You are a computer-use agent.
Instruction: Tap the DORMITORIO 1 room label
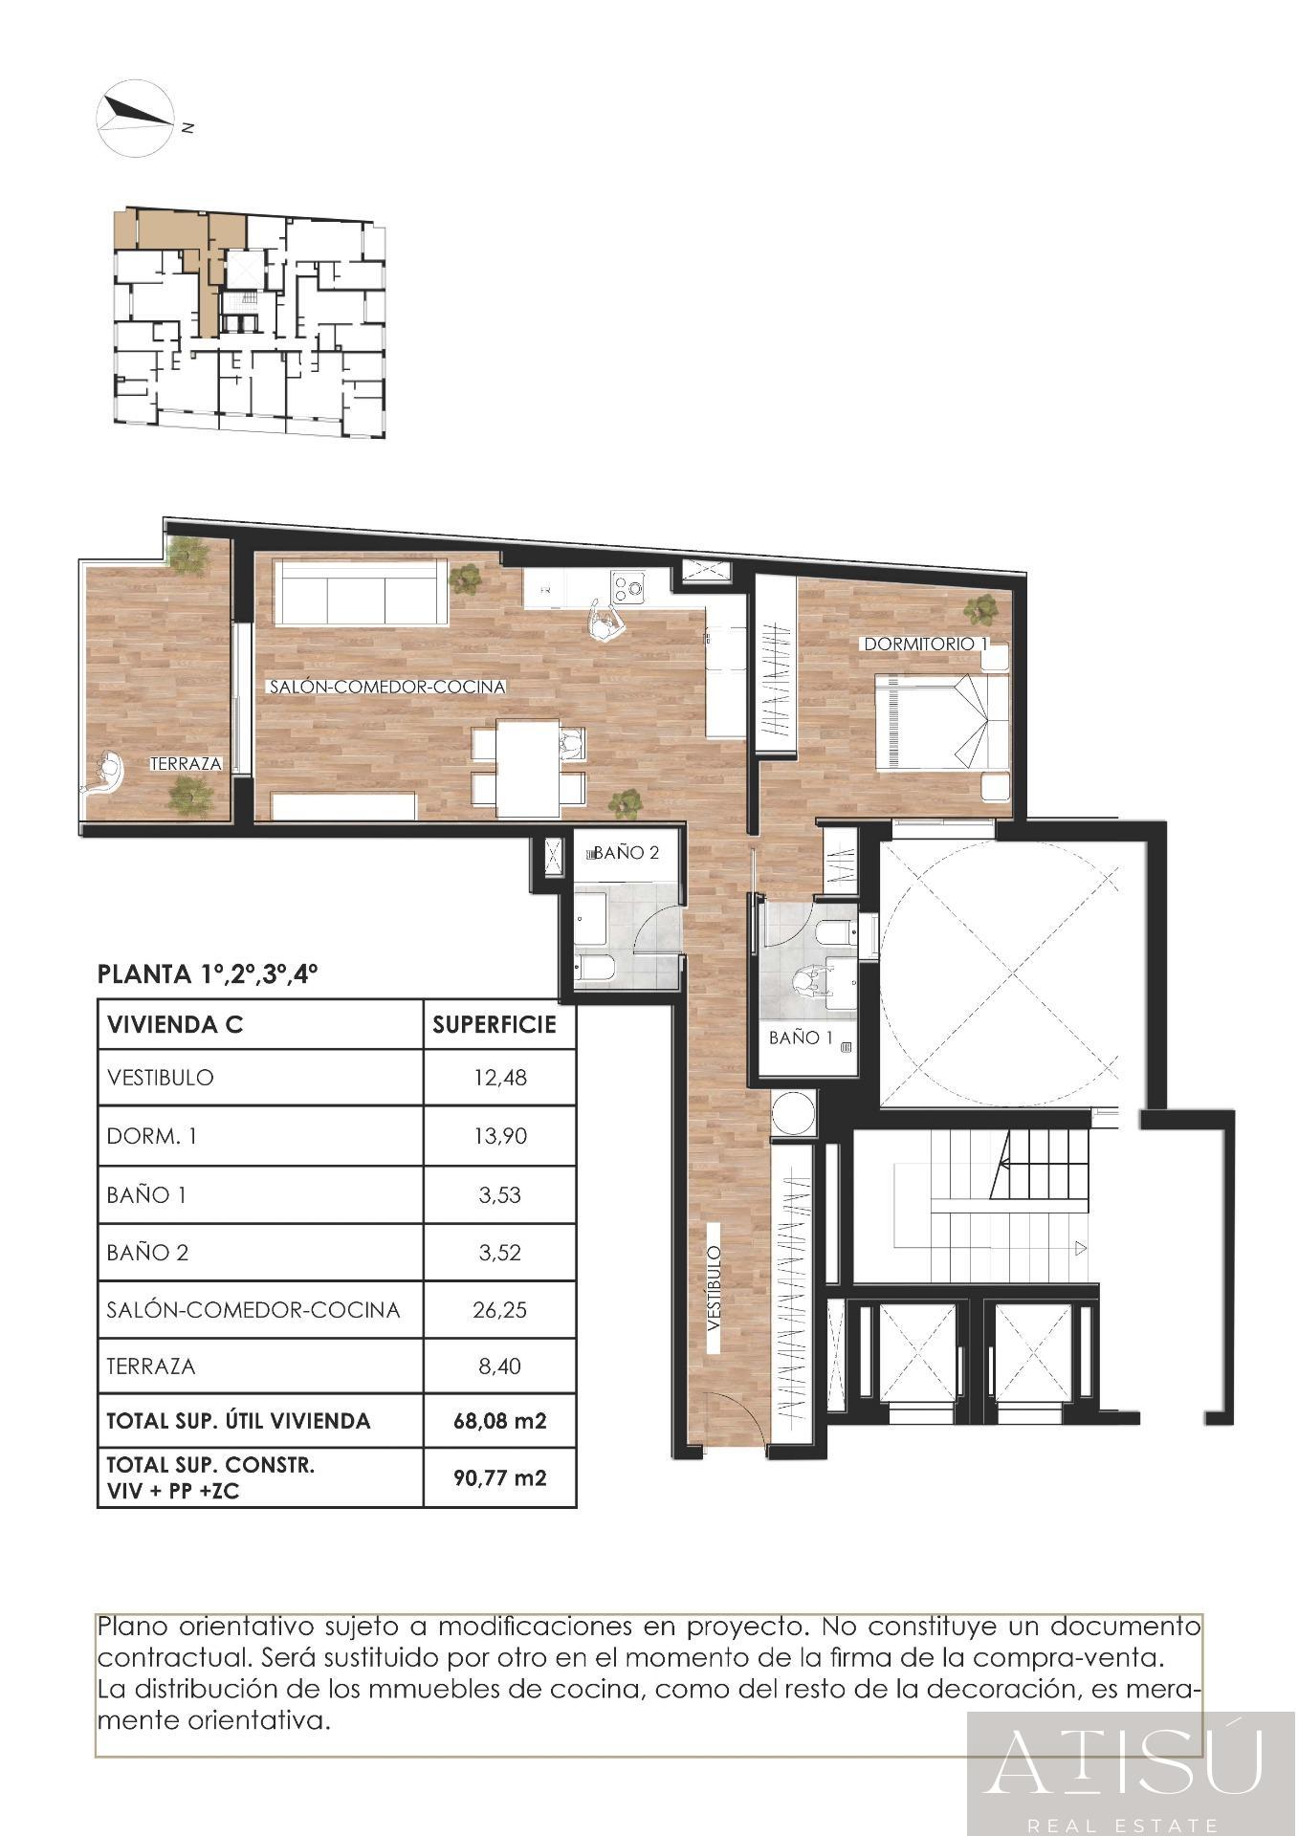(925, 644)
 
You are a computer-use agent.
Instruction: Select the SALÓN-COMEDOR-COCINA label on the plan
(387, 687)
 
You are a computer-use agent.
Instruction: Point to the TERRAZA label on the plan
(187, 764)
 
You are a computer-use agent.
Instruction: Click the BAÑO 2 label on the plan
(627, 852)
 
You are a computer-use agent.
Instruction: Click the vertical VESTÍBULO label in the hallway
(714, 1289)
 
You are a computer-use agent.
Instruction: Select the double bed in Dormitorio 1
(943, 721)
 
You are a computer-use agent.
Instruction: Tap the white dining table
(528, 769)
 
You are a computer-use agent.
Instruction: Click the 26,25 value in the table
(499, 1309)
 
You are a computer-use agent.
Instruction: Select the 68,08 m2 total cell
(499, 1421)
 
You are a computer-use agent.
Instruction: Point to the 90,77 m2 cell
(499, 1477)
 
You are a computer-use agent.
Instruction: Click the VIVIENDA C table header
(175, 1025)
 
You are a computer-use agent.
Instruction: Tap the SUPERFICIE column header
(495, 1025)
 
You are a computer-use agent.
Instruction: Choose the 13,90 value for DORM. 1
(499, 1136)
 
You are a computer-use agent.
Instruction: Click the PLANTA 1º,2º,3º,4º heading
(208, 974)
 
